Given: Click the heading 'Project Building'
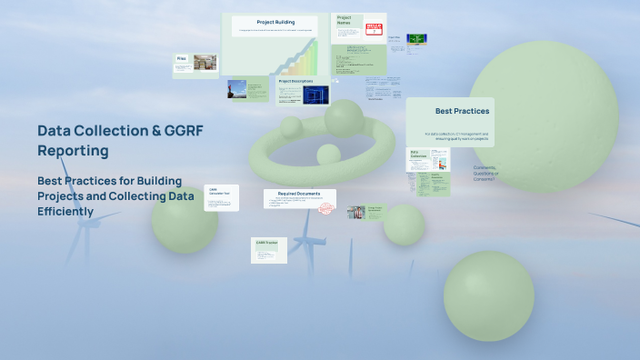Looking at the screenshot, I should (274, 22).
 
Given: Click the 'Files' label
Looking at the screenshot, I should (182, 58).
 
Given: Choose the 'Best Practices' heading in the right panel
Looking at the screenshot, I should (462, 111).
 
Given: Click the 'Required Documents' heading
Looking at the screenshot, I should (300, 194).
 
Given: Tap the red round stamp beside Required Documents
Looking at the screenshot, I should (327, 209).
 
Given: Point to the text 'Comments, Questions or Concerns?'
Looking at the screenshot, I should (486, 173).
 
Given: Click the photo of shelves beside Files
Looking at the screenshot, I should (205, 63).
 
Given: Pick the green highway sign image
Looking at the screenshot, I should (416, 39).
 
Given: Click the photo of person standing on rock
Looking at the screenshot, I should (236, 89).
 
